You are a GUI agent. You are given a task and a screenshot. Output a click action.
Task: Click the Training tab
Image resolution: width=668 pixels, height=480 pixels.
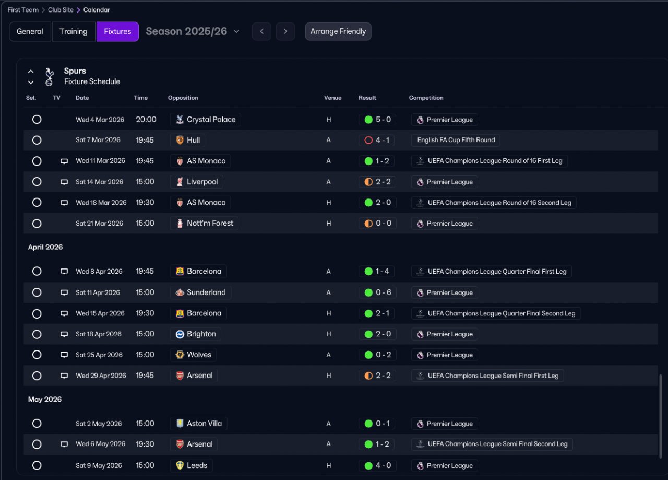[74, 31]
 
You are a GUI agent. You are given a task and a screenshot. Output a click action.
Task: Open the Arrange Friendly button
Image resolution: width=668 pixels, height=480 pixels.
[338, 31]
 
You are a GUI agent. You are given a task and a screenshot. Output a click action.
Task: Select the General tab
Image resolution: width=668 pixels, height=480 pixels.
[30, 31]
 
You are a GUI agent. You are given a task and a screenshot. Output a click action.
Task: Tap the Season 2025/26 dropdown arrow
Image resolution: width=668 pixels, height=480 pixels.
[236, 31]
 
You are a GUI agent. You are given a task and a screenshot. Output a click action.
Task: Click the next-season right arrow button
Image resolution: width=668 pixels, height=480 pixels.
[285, 31]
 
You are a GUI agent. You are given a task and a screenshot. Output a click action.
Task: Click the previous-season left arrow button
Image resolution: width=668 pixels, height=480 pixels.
[261, 31]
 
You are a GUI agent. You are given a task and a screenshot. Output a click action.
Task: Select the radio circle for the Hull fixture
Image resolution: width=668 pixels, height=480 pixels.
[37, 140]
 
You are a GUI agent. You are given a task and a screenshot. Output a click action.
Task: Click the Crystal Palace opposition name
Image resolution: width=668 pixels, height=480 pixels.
[211, 120]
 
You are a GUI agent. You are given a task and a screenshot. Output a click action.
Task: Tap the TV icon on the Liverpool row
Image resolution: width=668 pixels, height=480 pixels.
[64, 182]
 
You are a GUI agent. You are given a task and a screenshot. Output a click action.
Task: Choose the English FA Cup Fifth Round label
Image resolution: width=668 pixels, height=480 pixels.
[456, 140]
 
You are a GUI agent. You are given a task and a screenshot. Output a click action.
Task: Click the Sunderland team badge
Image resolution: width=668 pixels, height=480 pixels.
[180, 292]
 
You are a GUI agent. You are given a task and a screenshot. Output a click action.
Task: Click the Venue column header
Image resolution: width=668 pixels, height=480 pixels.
[332, 98]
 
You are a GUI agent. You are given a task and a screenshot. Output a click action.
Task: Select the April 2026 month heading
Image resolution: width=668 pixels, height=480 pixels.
[45, 247]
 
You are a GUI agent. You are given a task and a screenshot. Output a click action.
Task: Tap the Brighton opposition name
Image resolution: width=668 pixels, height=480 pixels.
[201, 334]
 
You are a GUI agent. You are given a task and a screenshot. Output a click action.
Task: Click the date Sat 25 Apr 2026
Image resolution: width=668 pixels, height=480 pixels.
[99, 355]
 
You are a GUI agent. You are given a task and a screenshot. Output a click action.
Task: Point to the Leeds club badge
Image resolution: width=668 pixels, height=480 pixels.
[180, 465]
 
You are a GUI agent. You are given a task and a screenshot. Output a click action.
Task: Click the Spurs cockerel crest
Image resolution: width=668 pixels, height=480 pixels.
[49, 77]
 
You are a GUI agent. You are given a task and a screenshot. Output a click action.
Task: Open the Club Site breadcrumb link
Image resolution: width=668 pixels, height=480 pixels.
[61, 10]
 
